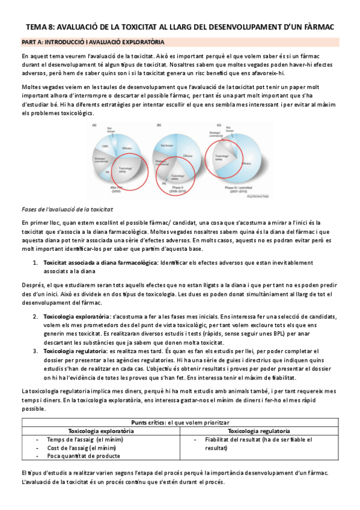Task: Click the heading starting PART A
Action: click(90, 43)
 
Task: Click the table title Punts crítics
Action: click(147, 423)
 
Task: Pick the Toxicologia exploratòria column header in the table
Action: click(101, 431)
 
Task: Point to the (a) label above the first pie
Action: click(94, 125)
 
